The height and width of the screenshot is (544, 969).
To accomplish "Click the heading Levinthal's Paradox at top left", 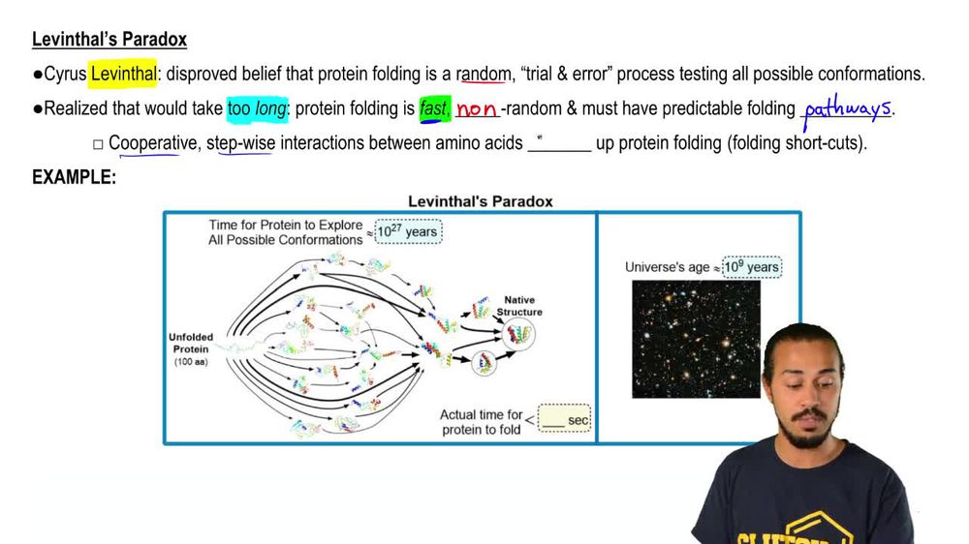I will click(109, 40).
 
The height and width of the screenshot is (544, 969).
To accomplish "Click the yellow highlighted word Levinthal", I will click(123, 74).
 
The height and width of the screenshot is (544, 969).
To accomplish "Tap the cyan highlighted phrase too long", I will click(257, 108).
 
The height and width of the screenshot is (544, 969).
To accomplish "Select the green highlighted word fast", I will click(432, 108).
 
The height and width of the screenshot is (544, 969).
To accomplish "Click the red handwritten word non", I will click(476, 109).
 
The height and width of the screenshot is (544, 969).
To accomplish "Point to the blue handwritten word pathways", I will click(847, 107).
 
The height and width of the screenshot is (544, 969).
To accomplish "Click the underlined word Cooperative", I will click(151, 143).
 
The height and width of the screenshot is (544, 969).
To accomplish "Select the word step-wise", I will click(240, 143).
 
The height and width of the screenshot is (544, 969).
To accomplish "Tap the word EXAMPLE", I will click(74, 177).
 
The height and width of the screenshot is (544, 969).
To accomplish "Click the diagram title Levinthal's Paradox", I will click(480, 201).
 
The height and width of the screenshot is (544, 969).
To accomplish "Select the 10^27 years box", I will click(407, 231).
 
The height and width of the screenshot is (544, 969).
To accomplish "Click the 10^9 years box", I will click(751, 266).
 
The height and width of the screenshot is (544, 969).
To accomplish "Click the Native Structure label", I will click(519, 306).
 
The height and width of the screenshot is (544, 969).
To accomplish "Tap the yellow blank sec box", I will click(564, 419).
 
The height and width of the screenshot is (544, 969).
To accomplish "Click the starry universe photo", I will click(696, 339).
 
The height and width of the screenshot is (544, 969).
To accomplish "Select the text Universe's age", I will click(668, 267).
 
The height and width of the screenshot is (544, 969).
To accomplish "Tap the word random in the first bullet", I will click(484, 74).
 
